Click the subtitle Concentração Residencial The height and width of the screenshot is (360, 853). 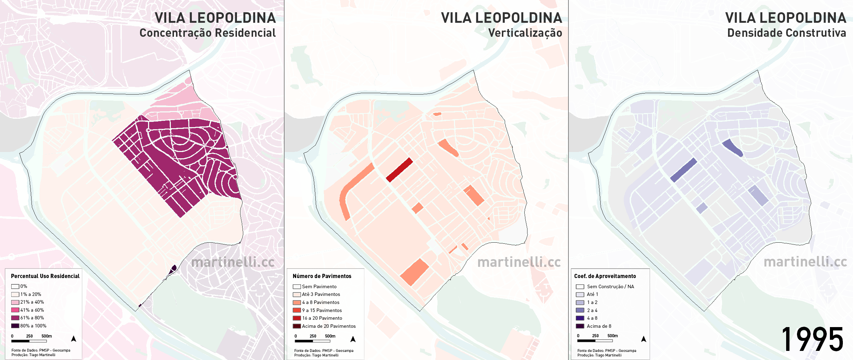click(x=208, y=33)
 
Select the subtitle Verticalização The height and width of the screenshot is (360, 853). click(x=525, y=33)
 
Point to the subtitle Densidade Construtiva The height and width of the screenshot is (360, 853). click(x=786, y=33)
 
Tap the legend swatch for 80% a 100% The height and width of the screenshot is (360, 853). click(x=15, y=326)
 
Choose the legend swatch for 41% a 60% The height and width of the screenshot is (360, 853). click(x=15, y=310)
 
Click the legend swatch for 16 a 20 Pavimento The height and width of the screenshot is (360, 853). click(x=297, y=318)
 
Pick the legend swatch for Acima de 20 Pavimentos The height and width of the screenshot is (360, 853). click(x=297, y=326)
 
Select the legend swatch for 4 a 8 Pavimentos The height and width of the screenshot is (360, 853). click(x=297, y=302)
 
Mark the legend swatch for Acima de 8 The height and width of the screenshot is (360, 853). click(x=580, y=326)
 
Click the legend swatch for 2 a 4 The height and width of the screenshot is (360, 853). click(x=580, y=310)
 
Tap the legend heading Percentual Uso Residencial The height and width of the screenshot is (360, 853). click(x=45, y=276)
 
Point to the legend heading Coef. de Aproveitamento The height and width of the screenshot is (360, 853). click(x=605, y=276)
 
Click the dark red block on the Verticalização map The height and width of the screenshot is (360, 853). click(x=399, y=170)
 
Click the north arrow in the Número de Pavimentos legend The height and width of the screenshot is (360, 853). click(x=353, y=339)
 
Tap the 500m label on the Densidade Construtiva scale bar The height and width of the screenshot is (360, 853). click(x=613, y=335)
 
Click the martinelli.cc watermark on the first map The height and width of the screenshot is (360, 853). click(x=233, y=262)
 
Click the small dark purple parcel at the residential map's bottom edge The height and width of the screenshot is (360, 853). click(x=173, y=269)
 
